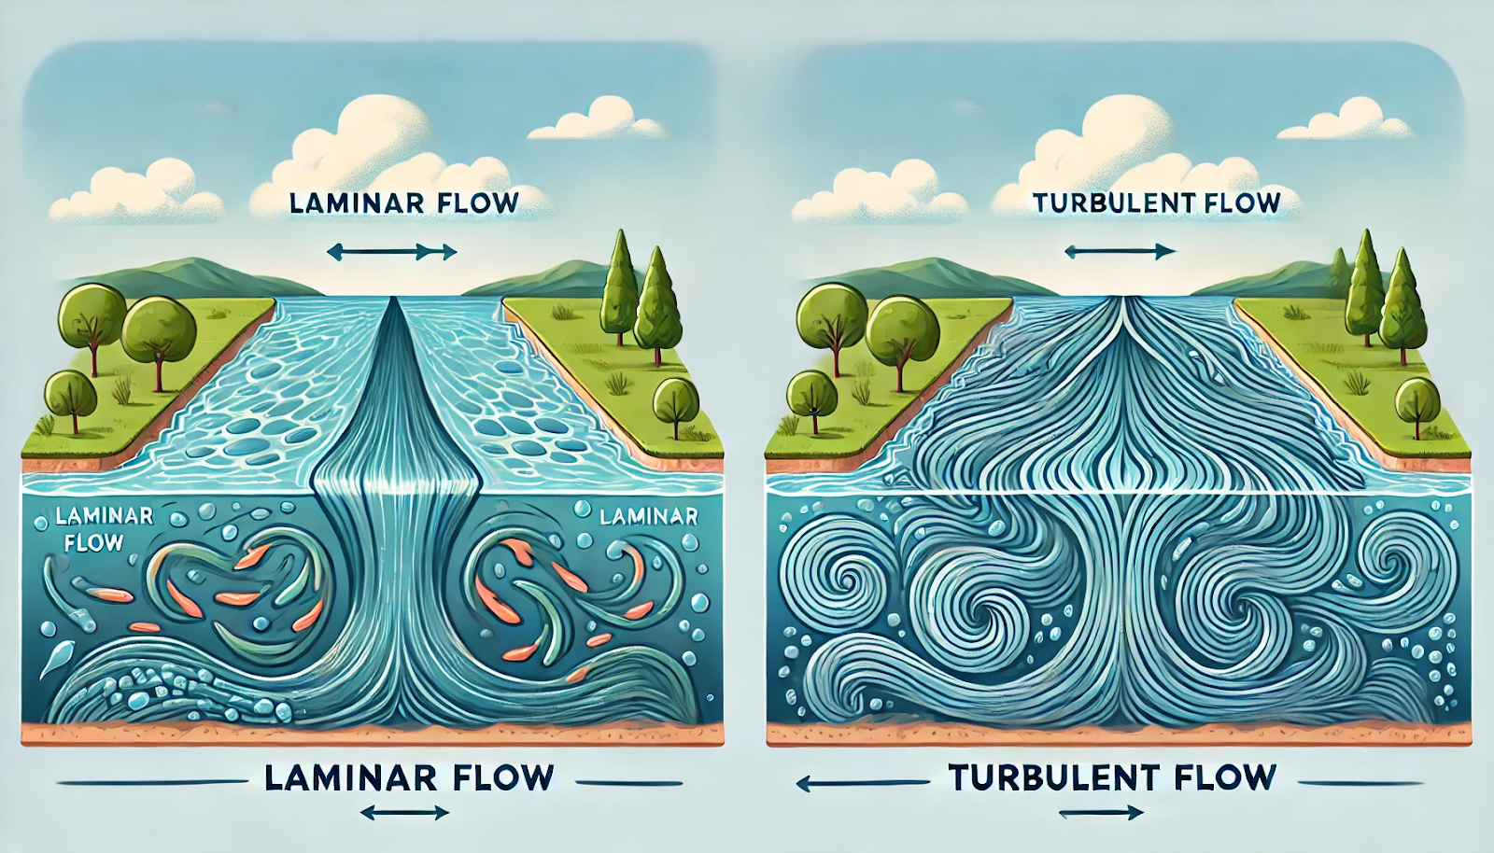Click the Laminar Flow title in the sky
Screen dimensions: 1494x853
405,203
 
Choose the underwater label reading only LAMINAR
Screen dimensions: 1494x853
648,516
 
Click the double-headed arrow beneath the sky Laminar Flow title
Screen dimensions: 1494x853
392,252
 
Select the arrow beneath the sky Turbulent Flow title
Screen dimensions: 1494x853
1120,252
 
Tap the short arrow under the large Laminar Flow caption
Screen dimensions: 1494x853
404,813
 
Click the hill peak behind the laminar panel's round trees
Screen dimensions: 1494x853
192,261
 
